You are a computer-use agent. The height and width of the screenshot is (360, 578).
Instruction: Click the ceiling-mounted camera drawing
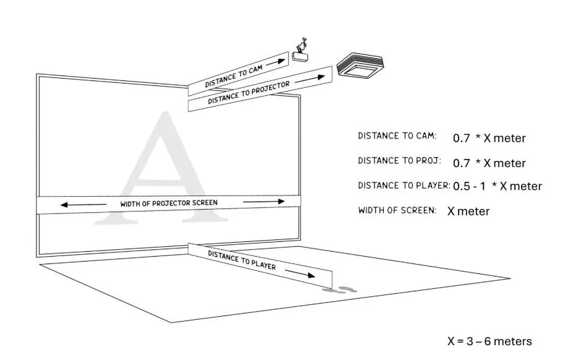pyautogui.click(x=300, y=51)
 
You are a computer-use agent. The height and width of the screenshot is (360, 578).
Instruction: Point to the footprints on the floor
pyautogui.click(x=340, y=290)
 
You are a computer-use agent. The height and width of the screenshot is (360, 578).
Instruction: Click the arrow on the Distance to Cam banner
pyautogui.click(x=276, y=62)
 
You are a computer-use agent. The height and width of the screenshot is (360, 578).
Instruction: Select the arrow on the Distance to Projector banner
pyautogui.click(x=310, y=79)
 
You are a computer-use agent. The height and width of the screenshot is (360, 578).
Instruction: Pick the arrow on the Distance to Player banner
pyautogui.click(x=300, y=273)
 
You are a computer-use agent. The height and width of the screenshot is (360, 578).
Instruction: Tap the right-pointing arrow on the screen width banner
pyautogui.click(x=264, y=202)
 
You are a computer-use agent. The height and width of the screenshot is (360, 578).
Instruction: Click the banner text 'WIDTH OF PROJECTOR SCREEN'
pyautogui.click(x=169, y=204)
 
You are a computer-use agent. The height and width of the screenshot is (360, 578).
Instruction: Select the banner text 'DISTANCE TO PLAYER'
pyautogui.click(x=241, y=260)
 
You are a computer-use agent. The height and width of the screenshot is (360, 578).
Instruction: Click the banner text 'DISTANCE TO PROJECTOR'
pyautogui.click(x=249, y=93)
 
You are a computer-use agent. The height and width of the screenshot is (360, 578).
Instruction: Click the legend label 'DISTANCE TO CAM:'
pyautogui.click(x=397, y=136)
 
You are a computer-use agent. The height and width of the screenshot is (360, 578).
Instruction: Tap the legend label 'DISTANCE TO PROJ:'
pyautogui.click(x=399, y=161)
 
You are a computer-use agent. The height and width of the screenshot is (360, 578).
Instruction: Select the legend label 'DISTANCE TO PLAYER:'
pyautogui.click(x=404, y=186)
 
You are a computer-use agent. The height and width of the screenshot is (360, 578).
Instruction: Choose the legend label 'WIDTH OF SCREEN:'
pyautogui.click(x=397, y=210)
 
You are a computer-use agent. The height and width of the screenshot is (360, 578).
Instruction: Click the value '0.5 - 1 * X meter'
pyautogui.click(x=498, y=186)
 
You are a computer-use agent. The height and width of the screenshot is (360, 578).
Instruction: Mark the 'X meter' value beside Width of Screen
pyautogui.click(x=468, y=211)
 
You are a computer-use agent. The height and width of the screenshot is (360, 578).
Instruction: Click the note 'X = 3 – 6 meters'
pyautogui.click(x=490, y=341)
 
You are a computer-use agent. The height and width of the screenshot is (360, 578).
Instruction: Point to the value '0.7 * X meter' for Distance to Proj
pyautogui.click(x=489, y=163)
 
